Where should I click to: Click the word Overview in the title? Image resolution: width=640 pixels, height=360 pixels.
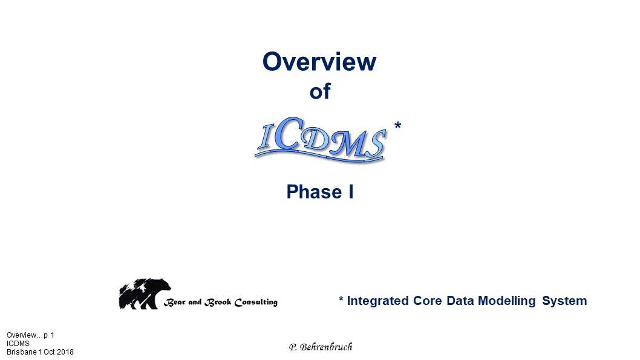(319, 62)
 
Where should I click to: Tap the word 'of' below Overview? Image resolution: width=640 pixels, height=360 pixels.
(320, 91)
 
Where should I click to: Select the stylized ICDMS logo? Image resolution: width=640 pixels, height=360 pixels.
(321, 140)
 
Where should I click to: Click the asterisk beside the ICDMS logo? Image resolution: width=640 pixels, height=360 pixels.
(397, 125)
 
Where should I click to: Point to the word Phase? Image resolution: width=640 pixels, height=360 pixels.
(314, 192)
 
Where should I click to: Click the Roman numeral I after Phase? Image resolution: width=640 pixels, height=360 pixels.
(351, 192)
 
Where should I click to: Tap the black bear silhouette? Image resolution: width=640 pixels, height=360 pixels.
(145, 294)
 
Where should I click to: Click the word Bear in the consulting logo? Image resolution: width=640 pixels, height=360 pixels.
(174, 303)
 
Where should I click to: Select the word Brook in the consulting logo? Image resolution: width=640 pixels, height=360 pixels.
(218, 303)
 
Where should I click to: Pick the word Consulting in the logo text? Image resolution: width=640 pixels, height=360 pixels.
(256, 303)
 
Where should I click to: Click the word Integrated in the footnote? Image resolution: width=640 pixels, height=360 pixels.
(377, 301)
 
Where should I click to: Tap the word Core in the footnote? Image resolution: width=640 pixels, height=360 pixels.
(427, 301)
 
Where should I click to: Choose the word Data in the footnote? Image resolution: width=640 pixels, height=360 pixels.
(460, 301)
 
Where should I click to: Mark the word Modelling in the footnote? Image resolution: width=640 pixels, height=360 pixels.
(506, 301)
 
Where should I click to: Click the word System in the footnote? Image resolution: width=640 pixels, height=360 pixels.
(564, 301)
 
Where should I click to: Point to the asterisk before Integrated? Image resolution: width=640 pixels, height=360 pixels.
(341, 299)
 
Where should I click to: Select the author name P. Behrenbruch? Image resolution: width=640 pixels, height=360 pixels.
(321, 347)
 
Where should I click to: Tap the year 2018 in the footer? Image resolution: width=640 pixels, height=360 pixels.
(65, 352)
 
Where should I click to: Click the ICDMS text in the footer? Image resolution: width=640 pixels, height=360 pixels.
(18, 344)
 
